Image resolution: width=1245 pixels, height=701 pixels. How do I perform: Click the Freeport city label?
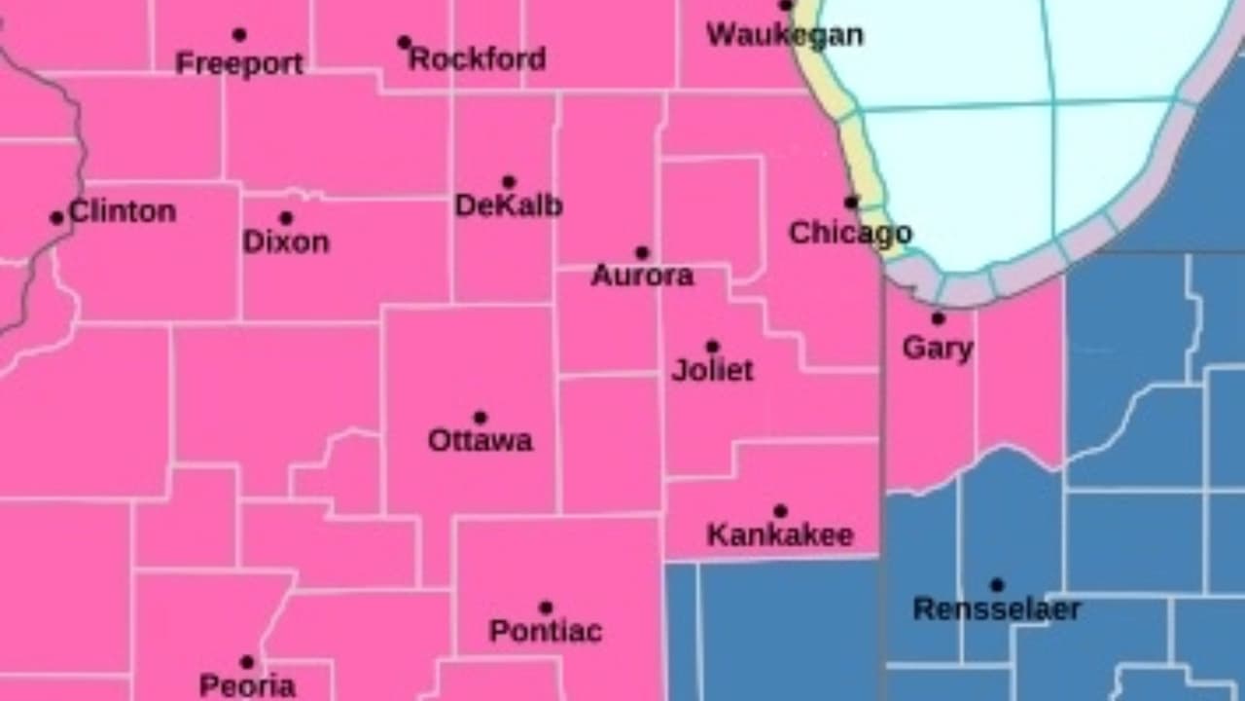(x=239, y=64)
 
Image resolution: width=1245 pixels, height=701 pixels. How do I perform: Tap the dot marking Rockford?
(x=405, y=42)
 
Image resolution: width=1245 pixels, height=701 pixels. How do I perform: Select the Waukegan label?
(x=784, y=35)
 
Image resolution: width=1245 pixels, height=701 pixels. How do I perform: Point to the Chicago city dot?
(x=851, y=203)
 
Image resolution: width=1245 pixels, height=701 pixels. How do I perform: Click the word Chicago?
(x=850, y=234)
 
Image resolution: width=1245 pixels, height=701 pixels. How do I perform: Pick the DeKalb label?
(x=509, y=206)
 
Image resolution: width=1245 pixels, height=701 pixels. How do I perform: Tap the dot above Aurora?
(x=642, y=253)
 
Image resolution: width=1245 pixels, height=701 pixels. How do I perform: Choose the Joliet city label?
(x=713, y=371)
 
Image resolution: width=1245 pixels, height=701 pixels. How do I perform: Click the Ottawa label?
(x=480, y=441)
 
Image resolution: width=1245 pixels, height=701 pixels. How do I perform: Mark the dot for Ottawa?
(x=480, y=418)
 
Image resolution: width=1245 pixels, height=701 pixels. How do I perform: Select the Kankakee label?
(x=780, y=535)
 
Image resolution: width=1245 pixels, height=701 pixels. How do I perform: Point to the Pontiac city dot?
(x=546, y=608)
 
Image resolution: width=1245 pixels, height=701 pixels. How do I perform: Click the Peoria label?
(x=247, y=685)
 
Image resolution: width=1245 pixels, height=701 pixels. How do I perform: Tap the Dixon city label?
(x=286, y=241)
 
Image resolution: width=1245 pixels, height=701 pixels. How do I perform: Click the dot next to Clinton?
(x=56, y=218)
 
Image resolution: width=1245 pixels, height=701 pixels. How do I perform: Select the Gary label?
(x=938, y=349)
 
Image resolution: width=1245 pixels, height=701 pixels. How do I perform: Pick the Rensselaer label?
(x=997, y=610)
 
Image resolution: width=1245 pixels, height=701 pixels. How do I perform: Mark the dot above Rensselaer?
(x=996, y=585)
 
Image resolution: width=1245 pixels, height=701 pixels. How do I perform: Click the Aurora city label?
(x=642, y=277)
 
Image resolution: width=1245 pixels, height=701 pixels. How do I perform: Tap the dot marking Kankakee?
(x=780, y=511)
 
